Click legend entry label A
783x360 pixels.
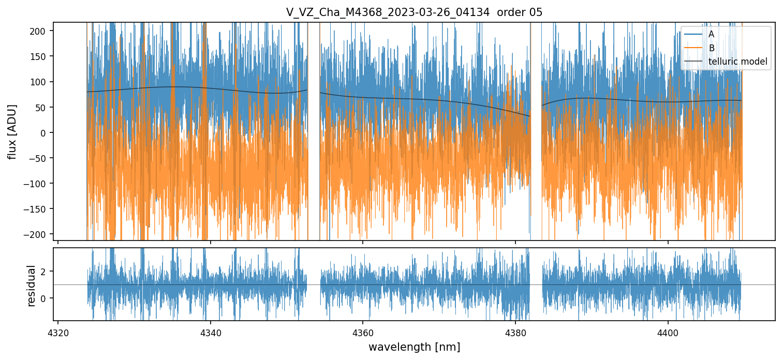click(711, 34)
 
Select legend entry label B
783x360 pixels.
click(711, 48)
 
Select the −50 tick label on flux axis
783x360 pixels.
click(40, 158)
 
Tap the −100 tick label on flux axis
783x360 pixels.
click(38, 184)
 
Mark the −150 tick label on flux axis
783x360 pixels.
click(38, 209)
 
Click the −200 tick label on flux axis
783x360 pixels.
click(38, 234)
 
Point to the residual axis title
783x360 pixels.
click(32, 286)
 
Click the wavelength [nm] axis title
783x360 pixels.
click(414, 347)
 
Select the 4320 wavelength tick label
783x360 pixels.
click(58, 332)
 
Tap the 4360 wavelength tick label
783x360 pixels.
click(363, 332)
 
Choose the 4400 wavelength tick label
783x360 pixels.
click(668, 332)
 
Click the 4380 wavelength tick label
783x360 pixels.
click(515, 332)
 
